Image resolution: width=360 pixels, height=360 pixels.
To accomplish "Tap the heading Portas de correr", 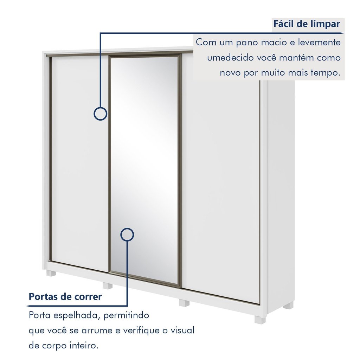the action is pos(65,296).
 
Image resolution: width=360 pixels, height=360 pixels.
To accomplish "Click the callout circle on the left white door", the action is pos(100,114).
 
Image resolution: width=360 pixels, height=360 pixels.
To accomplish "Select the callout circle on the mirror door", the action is pos(127,234).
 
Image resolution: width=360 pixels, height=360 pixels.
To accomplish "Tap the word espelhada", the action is pos(77,315).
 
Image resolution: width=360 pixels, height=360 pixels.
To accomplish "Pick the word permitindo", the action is pos(126,315).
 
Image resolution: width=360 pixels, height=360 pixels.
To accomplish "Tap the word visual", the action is pos(182,330).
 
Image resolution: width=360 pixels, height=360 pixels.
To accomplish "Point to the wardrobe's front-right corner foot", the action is pos(260,320).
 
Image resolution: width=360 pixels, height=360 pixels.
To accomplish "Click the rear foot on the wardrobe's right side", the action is pos(288,306).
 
